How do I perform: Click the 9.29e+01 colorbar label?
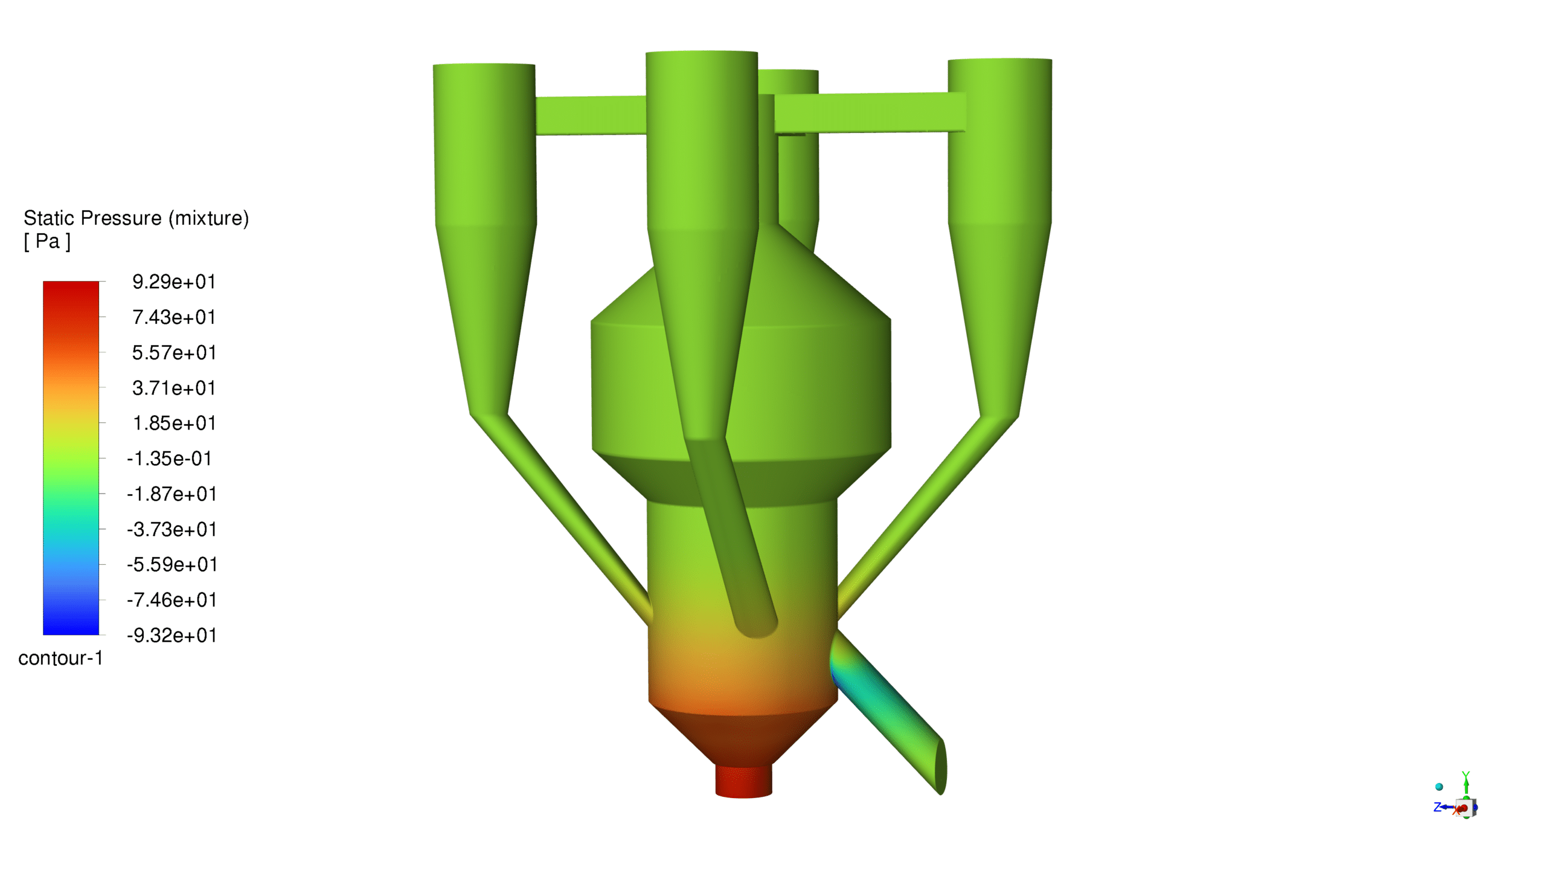[x=174, y=282]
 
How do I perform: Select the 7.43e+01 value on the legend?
[x=174, y=317]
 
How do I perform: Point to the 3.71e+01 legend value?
[x=174, y=388]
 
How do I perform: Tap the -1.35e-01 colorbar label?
[x=169, y=459]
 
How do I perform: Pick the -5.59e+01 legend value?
[x=172, y=565]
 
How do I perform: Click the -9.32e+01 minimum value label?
[x=172, y=636]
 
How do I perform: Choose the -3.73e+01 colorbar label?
[x=172, y=529]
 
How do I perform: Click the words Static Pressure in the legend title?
[x=92, y=218]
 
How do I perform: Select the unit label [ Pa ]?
[x=47, y=242]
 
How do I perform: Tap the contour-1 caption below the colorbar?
[x=60, y=658]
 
